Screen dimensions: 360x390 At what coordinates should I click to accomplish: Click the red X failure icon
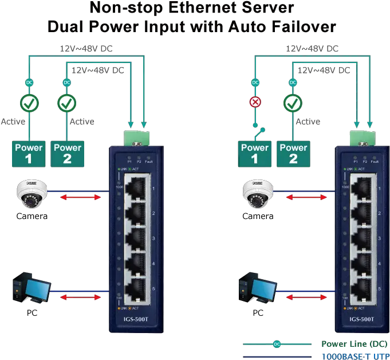click(255, 104)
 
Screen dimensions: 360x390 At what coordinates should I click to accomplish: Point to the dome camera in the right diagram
click(255, 192)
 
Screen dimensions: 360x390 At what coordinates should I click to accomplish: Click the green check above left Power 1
click(29, 104)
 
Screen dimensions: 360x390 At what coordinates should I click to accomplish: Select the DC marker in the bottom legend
click(277, 344)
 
